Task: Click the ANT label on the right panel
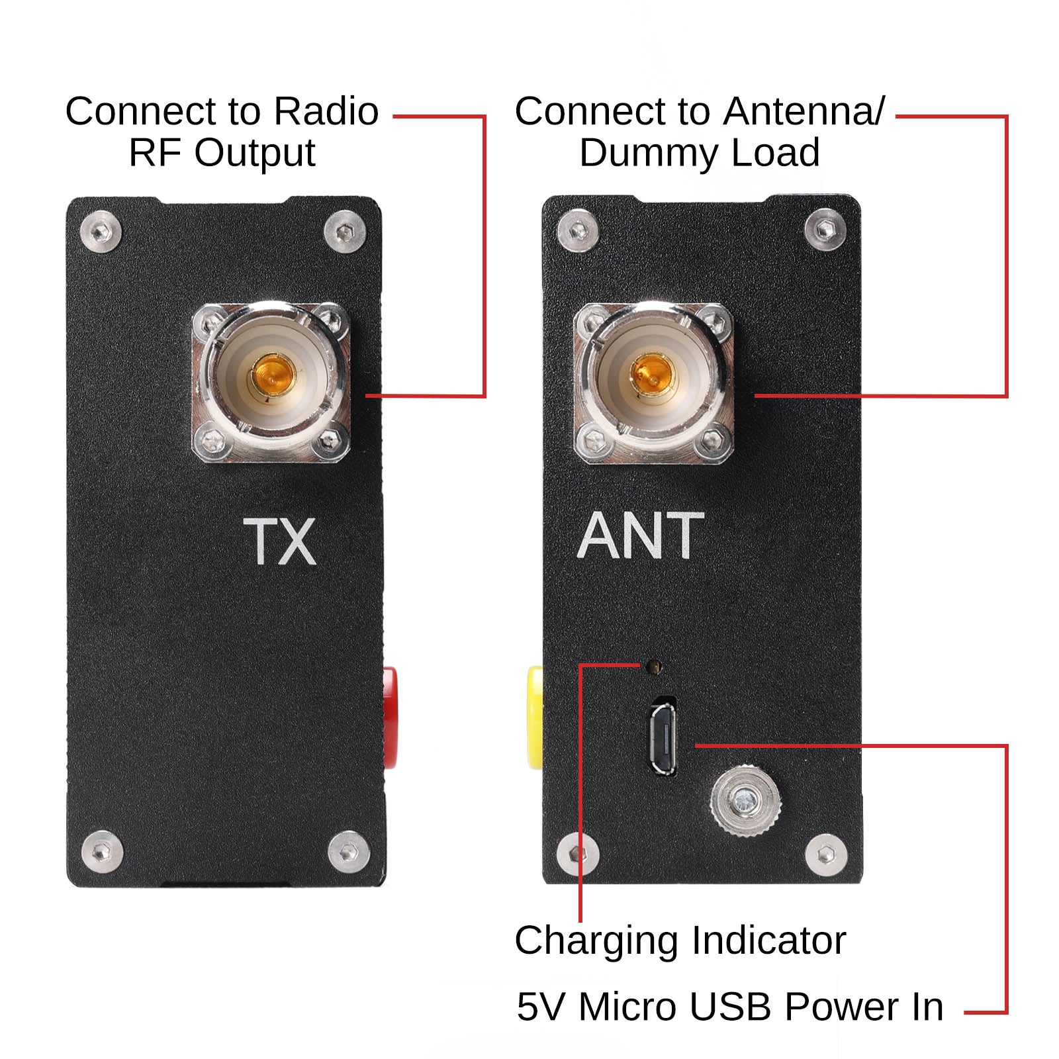(640, 536)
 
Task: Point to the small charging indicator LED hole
(655, 665)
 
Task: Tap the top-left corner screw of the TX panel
(101, 232)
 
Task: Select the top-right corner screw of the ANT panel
(825, 230)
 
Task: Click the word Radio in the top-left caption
(326, 111)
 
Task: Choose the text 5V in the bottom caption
(540, 1007)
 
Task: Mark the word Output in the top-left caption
(255, 154)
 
